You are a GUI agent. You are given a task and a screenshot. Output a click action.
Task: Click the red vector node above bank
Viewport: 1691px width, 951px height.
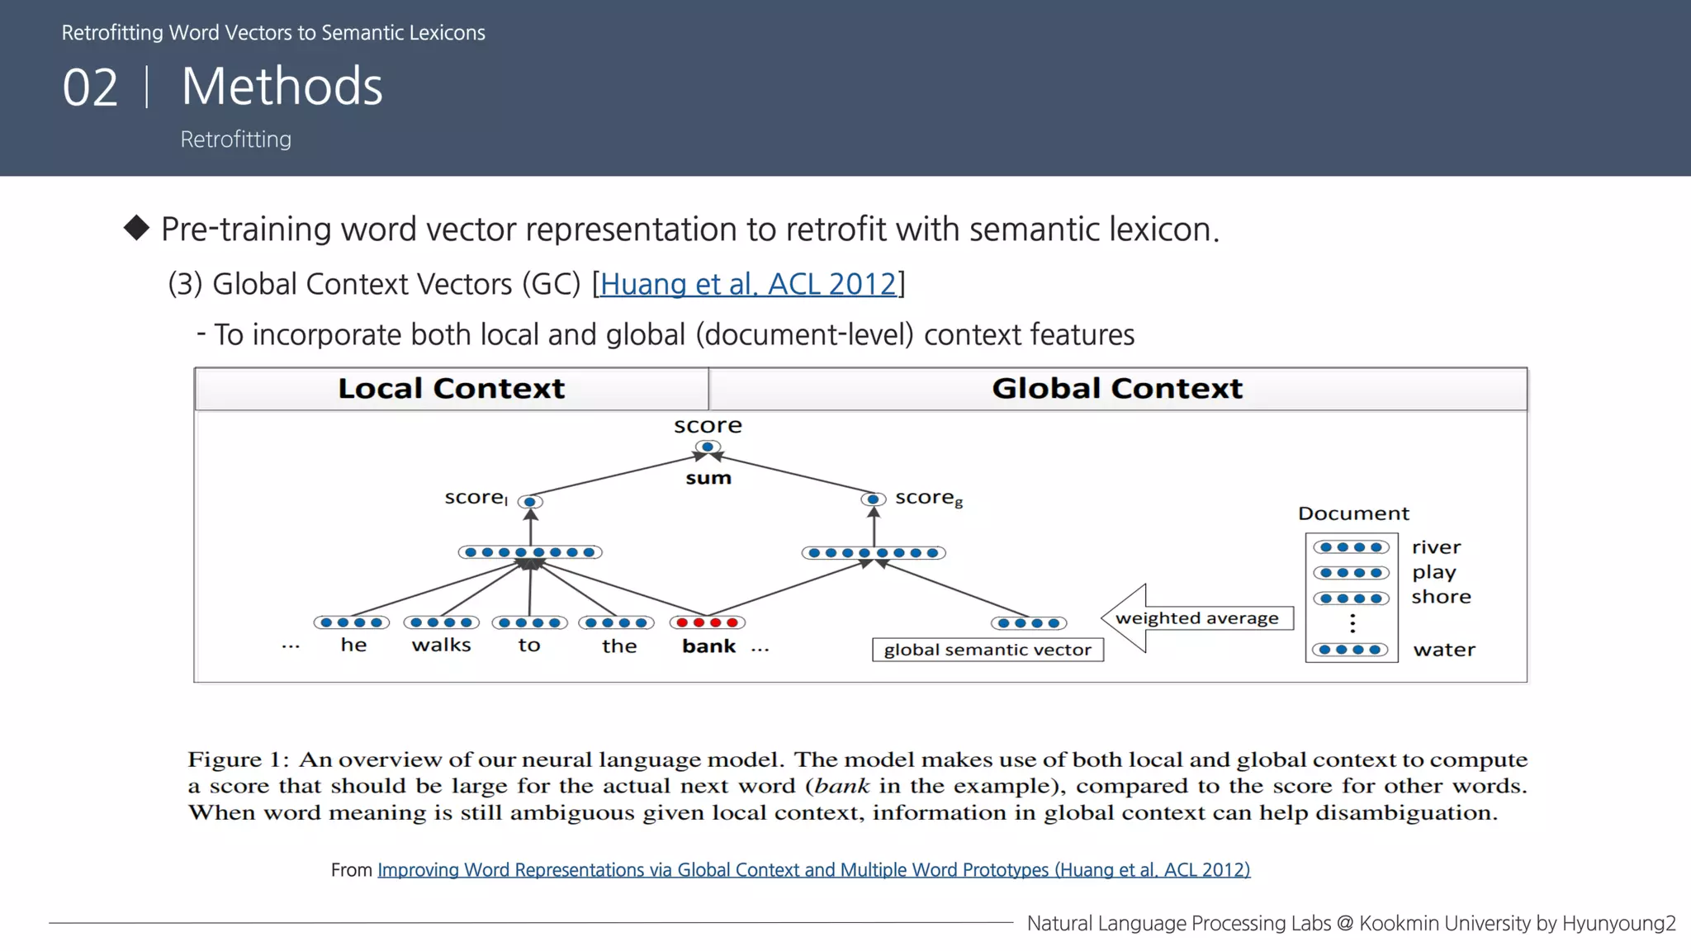point(708,622)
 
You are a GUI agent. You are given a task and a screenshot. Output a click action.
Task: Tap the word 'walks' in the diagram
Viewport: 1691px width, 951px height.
point(441,645)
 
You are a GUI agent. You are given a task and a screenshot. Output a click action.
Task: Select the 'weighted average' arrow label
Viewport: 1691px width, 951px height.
point(1196,618)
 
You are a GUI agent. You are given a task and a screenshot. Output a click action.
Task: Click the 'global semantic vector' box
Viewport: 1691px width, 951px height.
point(988,650)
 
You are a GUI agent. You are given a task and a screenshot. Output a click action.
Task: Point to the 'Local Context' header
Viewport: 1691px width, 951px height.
point(451,388)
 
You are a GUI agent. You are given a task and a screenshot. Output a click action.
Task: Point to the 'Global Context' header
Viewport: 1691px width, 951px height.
point(1116,388)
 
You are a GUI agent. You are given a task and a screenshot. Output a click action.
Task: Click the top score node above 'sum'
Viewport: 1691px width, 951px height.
point(708,447)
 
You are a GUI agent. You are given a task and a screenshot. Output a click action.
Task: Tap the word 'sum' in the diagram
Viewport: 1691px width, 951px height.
point(708,478)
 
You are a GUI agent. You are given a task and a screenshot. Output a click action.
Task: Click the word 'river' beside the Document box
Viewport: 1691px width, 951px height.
point(1436,547)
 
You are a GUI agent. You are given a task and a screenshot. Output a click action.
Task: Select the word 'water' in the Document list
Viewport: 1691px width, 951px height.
point(1443,650)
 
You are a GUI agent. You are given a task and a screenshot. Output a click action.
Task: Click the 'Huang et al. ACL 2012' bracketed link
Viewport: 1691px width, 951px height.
point(748,284)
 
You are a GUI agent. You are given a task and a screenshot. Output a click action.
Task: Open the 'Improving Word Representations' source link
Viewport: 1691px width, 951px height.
point(813,870)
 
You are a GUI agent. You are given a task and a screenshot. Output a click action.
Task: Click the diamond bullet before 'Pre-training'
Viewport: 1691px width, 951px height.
point(136,228)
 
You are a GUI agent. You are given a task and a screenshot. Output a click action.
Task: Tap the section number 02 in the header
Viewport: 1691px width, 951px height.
point(90,88)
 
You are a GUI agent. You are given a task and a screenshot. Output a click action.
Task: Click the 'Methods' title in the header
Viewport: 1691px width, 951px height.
point(282,86)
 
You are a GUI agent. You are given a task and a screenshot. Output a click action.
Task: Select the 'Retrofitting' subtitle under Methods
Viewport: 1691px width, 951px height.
point(235,140)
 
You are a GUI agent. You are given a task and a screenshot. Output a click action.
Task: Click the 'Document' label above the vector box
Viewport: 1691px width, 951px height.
point(1353,513)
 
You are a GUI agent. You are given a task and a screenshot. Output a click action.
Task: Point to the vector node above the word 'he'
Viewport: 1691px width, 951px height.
point(351,622)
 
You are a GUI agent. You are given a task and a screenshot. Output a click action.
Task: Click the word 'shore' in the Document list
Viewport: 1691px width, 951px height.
point(1441,597)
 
